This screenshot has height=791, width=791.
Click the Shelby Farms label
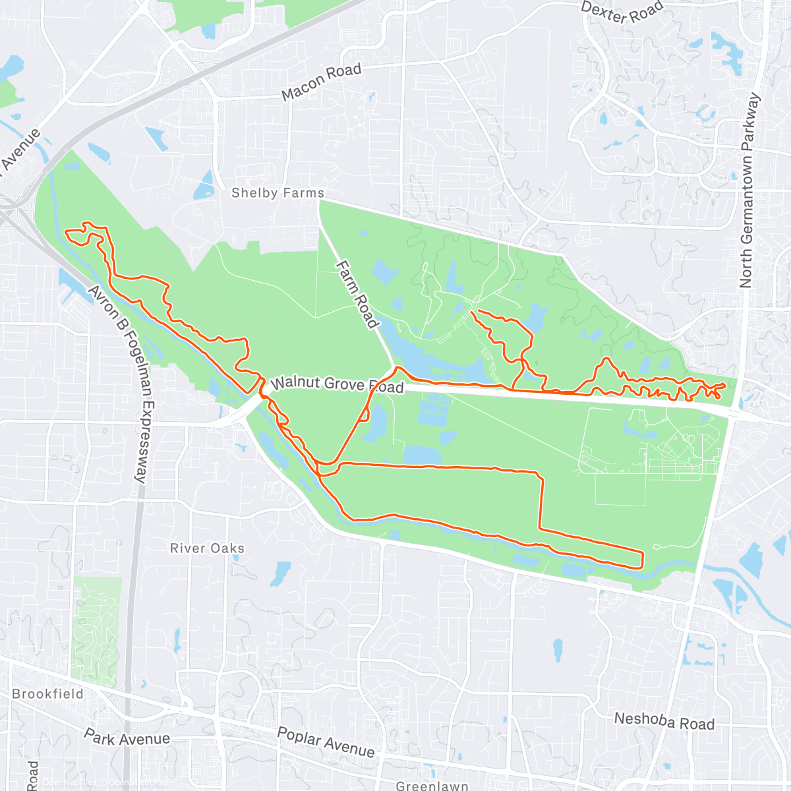point(278,193)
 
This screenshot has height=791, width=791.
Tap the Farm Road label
point(357,294)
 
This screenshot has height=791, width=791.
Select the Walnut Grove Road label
point(337,384)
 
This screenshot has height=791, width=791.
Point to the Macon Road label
point(322,82)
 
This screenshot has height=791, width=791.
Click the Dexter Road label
point(622,12)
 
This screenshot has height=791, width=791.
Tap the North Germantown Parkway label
point(749,191)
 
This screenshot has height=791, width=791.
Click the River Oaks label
point(207,548)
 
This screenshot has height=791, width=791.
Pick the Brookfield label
point(48,694)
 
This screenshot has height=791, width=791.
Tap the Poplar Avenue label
point(326,742)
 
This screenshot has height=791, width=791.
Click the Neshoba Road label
point(664,721)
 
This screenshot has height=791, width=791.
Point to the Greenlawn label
point(432,785)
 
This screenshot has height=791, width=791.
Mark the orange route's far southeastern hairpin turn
point(641,558)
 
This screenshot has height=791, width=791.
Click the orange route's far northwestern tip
point(65,232)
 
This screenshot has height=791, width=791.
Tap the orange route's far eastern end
point(725,385)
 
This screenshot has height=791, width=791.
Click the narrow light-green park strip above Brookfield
point(97,630)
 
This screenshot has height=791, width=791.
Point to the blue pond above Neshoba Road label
point(558,649)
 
